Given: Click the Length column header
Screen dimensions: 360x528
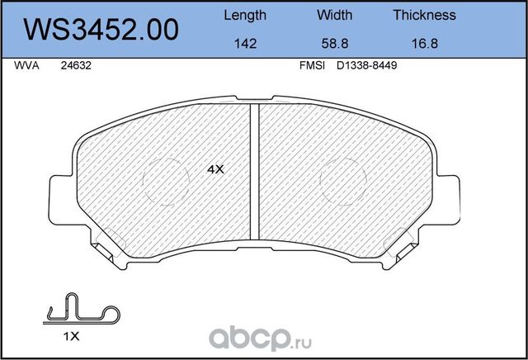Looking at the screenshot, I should pyautogui.click(x=245, y=15).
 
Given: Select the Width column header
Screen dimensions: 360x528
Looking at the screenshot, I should pyautogui.click(x=334, y=15).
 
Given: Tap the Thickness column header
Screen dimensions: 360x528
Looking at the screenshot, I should pyautogui.click(x=424, y=15).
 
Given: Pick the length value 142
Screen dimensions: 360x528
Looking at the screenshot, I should pyautogui.click(x=245, y=46).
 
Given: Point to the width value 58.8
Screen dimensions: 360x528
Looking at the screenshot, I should pyautogui.click(x=334, y=46).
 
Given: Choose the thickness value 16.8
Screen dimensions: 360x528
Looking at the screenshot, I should pyautogui.click(x=424, y=46).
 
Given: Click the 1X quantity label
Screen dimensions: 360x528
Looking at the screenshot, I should pyautogui.click(x=71, y=337).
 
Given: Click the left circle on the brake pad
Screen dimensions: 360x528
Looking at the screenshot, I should pyautogui.click(x=168, y=180).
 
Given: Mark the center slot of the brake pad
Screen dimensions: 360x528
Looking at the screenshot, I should pyautogui.click(x=256, y=173).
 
